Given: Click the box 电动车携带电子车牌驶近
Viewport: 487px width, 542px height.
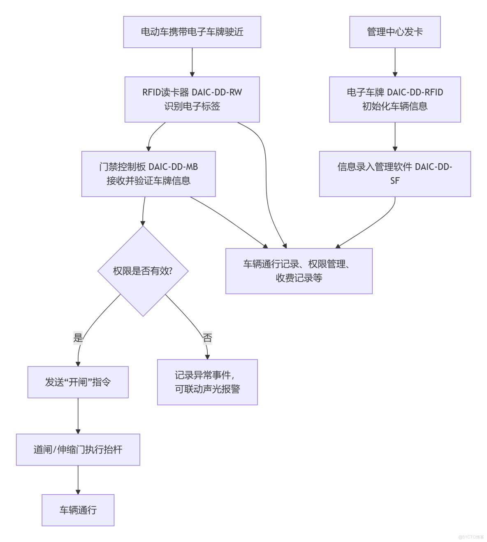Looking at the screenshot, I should pyautogui.click(x=192, y=32).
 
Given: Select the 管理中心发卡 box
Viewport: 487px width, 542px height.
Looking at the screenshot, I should pyautogui.click(x=395, y=32).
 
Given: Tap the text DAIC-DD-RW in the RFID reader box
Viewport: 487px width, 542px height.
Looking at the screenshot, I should pyautogui.click(x=217, y=93).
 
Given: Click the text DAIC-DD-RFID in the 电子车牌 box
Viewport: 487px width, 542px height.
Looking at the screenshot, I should pyautogui.click(x=415, y=93).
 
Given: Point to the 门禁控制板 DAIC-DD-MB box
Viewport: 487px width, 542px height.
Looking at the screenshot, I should pyautogui.click(x=148, y=174).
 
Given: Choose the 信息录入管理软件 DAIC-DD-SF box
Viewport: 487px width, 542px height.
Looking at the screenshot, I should pyautogui.click(x=395, y=174).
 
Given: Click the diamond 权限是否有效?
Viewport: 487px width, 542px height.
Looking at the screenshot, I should pyautogui.click(x=143, y=271).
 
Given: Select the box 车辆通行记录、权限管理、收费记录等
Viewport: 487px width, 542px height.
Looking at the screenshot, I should pyautogui.click(x=299, y=271).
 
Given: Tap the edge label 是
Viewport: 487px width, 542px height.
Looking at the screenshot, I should pyautogui.click(x=78, y=338).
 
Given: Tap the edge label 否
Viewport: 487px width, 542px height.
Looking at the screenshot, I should pyautogui.click(x=207, y=338).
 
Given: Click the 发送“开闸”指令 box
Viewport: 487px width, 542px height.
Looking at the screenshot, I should pyautogui.click(x=78, y=382).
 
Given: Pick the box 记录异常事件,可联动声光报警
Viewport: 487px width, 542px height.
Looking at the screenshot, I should pyautogui.click(x=207, y=382).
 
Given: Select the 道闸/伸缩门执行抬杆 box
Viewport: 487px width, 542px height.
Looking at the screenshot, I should pyautogui.click(x=78, y=449).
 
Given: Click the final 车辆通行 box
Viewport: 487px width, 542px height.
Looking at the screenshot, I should pyautogui.click(x=78, y=510).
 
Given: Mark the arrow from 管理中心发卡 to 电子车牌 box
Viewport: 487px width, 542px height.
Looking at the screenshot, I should pyautogui.click(x=395, y=62).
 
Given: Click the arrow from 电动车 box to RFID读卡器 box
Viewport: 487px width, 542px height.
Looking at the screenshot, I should pyautogui.click(x=192, y=62).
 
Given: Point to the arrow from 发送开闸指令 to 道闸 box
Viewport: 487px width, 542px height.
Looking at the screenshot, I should pyautogui.click(x=78, y=416).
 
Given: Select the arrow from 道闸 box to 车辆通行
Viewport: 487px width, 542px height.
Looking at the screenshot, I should pyautogui.click(x=78, y=480).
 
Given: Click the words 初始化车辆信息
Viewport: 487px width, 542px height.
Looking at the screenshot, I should pyautogui.click(x=395, y=107).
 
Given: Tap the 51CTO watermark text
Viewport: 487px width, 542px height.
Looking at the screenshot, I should pyautogui.click(x=471, y=537).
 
